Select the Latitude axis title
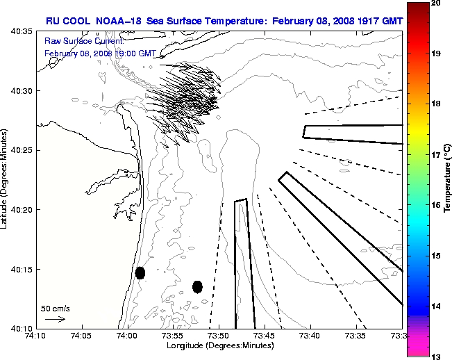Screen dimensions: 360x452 6,180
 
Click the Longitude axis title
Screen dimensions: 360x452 219,345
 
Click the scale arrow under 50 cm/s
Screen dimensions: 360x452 55,319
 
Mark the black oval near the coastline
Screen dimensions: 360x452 140,272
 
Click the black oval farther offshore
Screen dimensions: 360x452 197,286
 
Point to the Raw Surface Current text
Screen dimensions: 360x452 75,42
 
